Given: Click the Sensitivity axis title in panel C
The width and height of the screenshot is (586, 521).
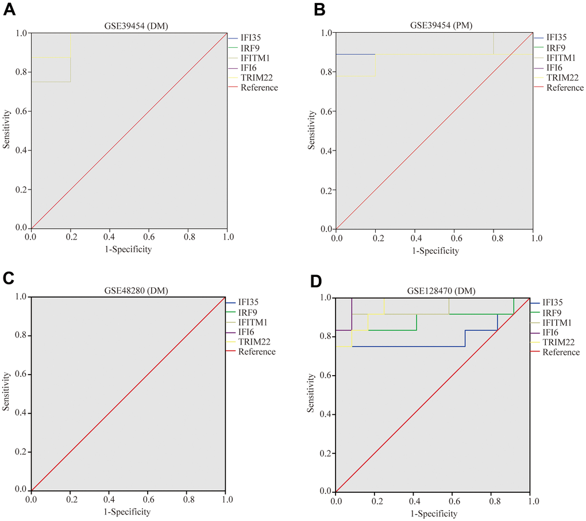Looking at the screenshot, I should coord(7,393).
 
